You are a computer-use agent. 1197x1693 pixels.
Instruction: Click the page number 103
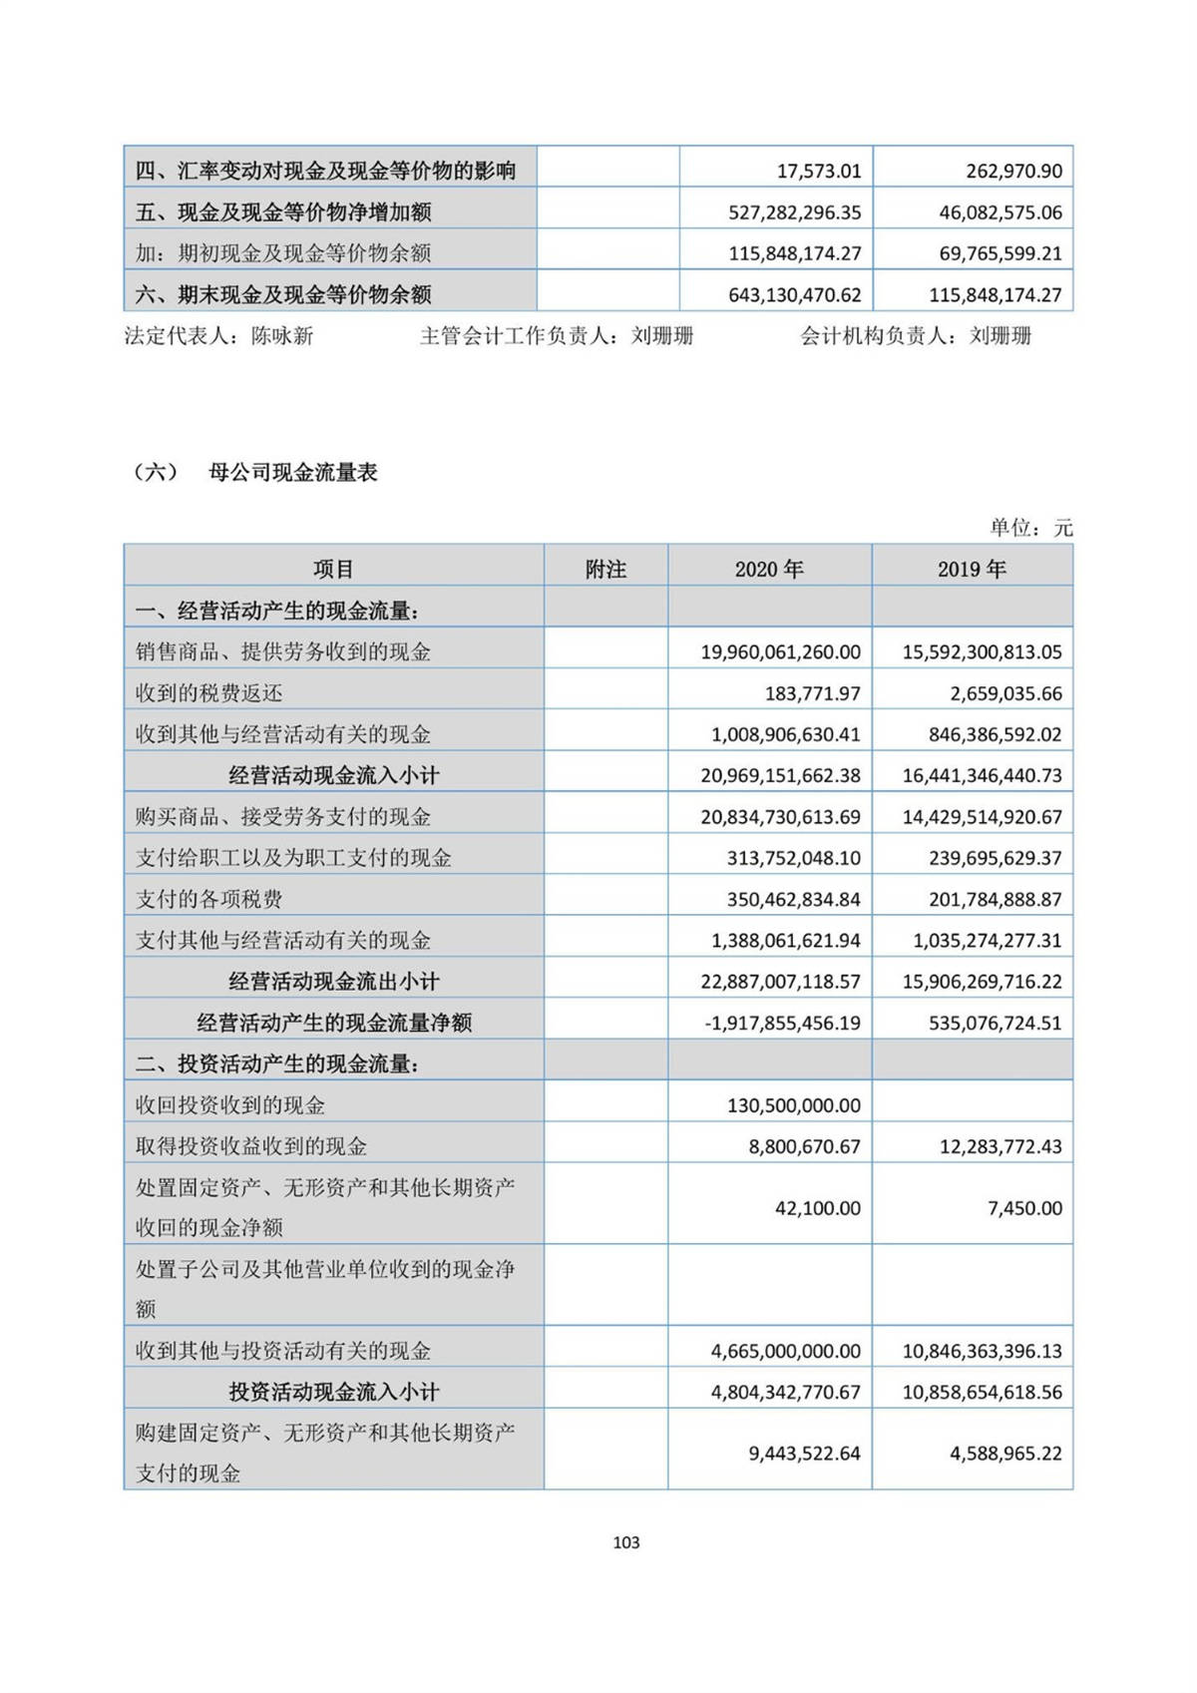626,1542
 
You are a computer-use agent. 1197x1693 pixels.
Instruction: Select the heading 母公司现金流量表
292,473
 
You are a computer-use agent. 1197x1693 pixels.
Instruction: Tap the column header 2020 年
769,569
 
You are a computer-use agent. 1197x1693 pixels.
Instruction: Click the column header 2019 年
972,569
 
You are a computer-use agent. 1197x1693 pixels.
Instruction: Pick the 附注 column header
605,569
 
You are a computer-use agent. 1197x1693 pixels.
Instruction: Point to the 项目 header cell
333,569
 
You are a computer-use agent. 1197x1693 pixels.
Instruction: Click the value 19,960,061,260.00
780,652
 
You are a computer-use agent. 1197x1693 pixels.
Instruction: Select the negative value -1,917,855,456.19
782,1023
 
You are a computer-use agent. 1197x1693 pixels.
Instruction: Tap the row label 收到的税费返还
208,693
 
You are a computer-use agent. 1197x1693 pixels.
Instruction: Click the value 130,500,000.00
794,1105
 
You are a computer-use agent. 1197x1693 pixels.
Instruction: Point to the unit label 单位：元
1030,528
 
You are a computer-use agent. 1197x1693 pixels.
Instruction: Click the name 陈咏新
282,336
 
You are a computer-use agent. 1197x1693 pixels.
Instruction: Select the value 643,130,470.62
794,295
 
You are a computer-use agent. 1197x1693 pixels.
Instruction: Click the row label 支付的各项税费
208,899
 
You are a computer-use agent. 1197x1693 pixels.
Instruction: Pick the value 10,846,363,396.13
982,1351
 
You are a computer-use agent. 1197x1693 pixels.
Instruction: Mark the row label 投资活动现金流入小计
333,1392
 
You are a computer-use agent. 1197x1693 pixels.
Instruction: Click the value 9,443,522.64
804,1454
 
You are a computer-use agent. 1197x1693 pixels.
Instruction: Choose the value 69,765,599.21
1000,253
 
